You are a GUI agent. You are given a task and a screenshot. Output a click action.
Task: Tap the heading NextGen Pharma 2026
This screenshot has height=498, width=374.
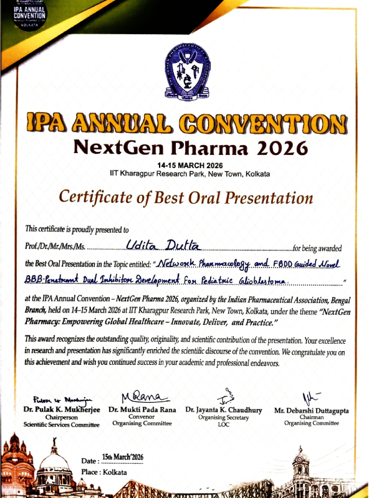[x=190, y=148]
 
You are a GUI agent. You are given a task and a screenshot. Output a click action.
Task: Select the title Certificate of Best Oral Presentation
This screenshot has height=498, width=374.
[x=186, y=197]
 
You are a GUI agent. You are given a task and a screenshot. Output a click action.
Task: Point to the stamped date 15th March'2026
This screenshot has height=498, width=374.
[x=122, y=458]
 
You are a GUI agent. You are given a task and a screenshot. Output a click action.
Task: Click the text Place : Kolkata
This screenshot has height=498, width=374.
[x=104, y=472]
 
